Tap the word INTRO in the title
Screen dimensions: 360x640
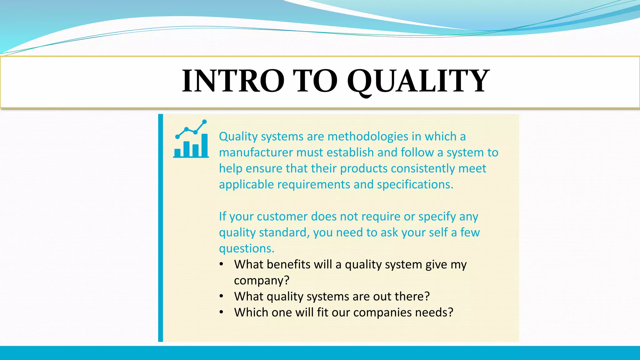tap(233, 81)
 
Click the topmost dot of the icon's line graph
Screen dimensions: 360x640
tap(204, 122)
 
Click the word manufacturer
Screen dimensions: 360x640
tap(256, 152)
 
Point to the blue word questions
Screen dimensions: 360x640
tap(246, 249)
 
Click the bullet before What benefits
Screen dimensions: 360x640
tap(221, 264)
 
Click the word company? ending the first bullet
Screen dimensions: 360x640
tap(262, 281)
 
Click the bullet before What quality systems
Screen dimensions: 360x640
tap(221, 296)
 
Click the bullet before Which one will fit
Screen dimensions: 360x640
tap(221, 312)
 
